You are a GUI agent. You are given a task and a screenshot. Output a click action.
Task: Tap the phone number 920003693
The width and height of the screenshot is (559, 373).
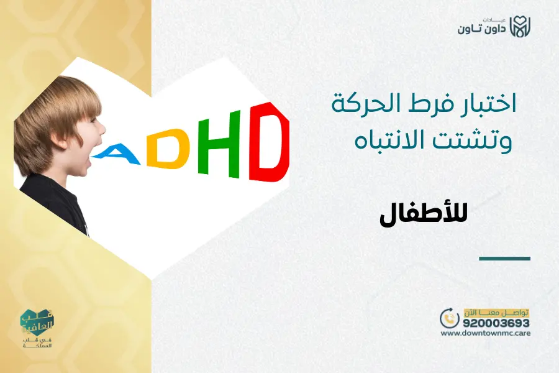495,323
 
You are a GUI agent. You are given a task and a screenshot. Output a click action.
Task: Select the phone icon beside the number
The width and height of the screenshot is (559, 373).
448,318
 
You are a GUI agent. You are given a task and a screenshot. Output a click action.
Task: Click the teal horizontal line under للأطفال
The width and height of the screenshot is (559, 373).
505,258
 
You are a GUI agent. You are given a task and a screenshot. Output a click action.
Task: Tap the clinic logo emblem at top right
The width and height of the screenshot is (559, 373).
521,27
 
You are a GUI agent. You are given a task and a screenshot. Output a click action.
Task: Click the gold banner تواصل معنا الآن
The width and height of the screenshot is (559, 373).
496,311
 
